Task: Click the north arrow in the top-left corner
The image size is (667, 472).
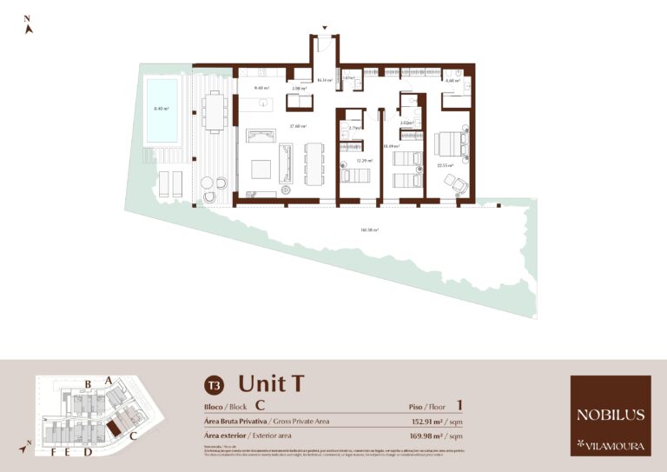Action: pyautogui.click(x=29, y=25)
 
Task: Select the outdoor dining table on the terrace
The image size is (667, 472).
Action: pyautogui.click(x=213, y=110)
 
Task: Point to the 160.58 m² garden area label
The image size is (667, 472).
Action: pyautogui.click(x=369, y=230)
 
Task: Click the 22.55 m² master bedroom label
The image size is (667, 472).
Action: pyautogui.click(x=444, y=165)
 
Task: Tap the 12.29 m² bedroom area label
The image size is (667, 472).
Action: pyautogui.click(x=364, y=160)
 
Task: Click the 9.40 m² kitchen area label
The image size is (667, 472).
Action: pyautogui.click(x=261, y=88)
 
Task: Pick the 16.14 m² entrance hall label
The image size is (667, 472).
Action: pyautogui.click(x=325, y=80)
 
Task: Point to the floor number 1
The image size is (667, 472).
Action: pyautogui.click(x=459, y=405)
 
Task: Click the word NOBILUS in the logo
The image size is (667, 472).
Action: pyautogui.click(x=610, y=415)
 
